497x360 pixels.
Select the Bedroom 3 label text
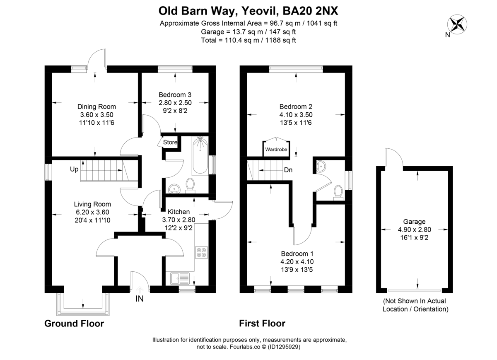[175, 95]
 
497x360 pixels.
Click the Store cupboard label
[170, 143]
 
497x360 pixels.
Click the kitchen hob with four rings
[201, 253]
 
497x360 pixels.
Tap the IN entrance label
[140, 299]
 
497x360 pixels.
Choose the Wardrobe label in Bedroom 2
[276, 149]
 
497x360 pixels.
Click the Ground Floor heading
[74, 324]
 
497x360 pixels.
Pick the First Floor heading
[262, 324]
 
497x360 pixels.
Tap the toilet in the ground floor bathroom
[191, 185]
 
